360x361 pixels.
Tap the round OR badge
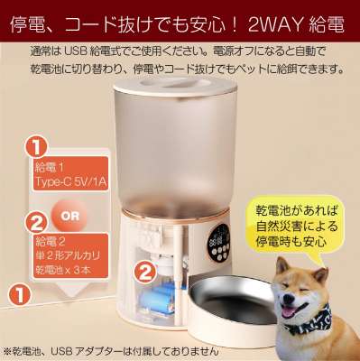(70, 216)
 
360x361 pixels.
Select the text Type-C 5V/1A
(70, 181)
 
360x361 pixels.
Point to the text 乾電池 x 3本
(63, 270)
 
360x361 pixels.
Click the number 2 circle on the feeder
(145, 273)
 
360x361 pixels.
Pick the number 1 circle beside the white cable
(20, 293)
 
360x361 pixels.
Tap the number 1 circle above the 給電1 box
(36, 146)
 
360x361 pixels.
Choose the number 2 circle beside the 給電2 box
(36, 222)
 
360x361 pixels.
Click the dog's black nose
(288, 300)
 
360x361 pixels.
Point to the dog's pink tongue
(288, 311)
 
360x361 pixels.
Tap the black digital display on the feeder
(219, 243)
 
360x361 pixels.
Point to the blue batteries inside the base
(159, 296)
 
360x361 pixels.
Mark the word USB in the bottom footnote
(61, 351)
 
